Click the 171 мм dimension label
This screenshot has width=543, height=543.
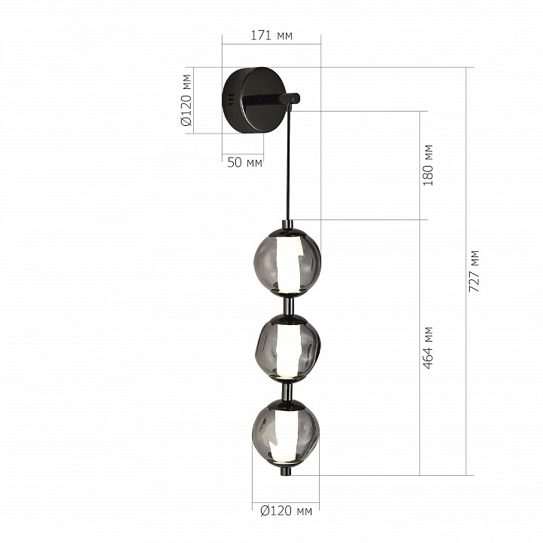[x=271, y=35]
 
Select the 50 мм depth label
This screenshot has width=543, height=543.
[x=244, y=162]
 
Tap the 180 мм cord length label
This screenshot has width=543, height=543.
[x=428, y=165]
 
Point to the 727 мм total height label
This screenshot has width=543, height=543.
[x=474, y=271]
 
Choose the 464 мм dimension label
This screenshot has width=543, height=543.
[x=428, y=348]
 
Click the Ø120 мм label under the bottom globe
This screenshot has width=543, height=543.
[x=285, y=511]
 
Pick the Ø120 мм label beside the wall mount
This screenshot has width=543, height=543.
[x=186, y=100]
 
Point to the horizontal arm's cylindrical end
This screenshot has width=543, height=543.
[x=288, y=98]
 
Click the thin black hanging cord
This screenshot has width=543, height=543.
[x=288, y=166]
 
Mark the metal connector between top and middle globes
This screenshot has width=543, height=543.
[x=287, y=305]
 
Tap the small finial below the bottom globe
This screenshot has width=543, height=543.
[x=286, y=471]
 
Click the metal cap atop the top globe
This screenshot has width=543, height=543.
[x=287, y=225]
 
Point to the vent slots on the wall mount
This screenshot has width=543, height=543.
[x=229, y=100]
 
